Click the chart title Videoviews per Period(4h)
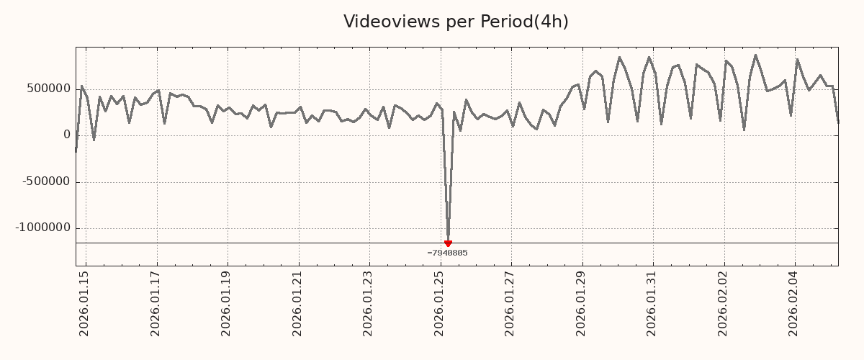[456, 22]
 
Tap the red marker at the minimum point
[448, 243]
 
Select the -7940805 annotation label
[447, 253]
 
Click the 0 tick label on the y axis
[67, 135]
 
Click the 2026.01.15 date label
[85, 303]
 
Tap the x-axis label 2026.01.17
[156, 303]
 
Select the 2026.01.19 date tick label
[227, 303]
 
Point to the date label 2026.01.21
[298, 303]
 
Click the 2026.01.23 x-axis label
[369, 303]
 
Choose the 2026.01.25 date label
[440, 303]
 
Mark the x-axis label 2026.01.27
[510, 303]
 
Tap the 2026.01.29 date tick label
[582, 303]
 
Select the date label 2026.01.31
[652, 303]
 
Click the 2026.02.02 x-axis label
[724, 303]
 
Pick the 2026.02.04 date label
[794, 303]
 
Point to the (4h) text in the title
[551, 22]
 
